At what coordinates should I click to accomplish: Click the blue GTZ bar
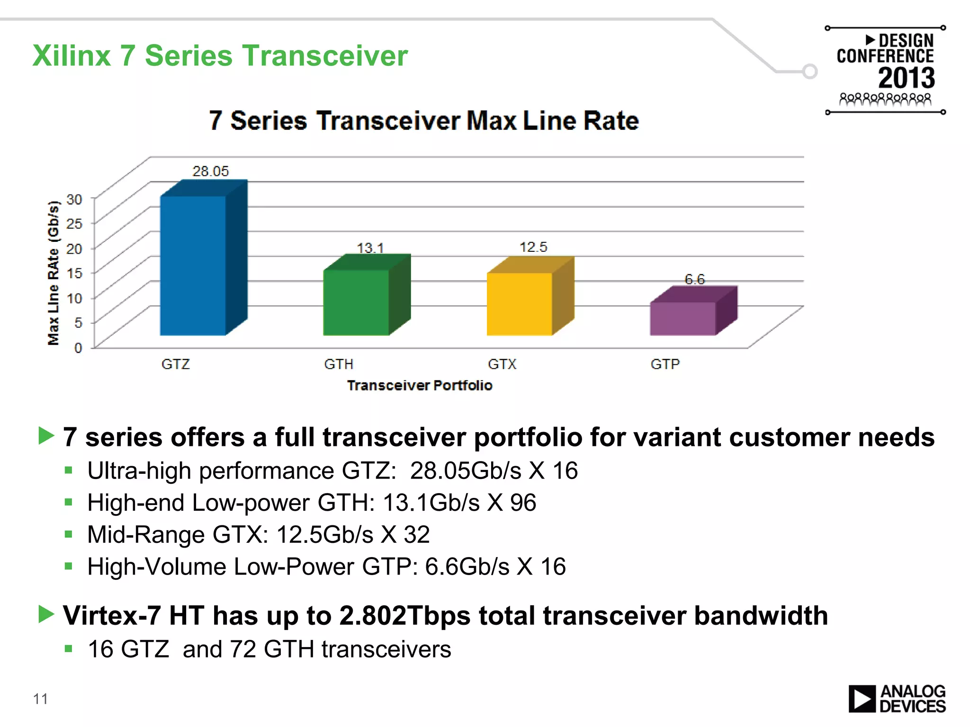(x=193, y=265)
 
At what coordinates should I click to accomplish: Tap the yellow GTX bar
(x=520, y=304)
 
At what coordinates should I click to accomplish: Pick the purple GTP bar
(x=683, y=319)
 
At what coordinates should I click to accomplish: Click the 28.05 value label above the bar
(x=210, y=171)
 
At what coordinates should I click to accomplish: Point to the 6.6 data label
(x=694, y=279)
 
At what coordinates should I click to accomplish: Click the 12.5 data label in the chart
(x=533, y=247)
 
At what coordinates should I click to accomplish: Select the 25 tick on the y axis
(x=74, y=223)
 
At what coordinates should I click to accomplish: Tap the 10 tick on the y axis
(x=74, y=298)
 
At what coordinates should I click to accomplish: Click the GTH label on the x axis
(x=339, y=364)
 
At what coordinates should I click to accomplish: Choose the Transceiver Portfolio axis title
(x=420, y=385)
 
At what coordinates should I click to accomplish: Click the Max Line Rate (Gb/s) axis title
(x=54, y=273)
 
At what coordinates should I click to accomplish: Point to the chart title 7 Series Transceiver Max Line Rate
(x=424, y=121)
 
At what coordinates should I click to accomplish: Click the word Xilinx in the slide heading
(x=72, y=56)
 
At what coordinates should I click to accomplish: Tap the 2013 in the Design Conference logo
(x=906, y=78)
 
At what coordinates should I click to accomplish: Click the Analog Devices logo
(x=897, y=699)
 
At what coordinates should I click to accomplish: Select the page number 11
(x=40, y=699)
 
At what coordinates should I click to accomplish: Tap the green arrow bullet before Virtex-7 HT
(x=46, y=614)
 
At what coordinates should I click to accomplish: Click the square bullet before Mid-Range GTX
(x=69, y=534)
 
